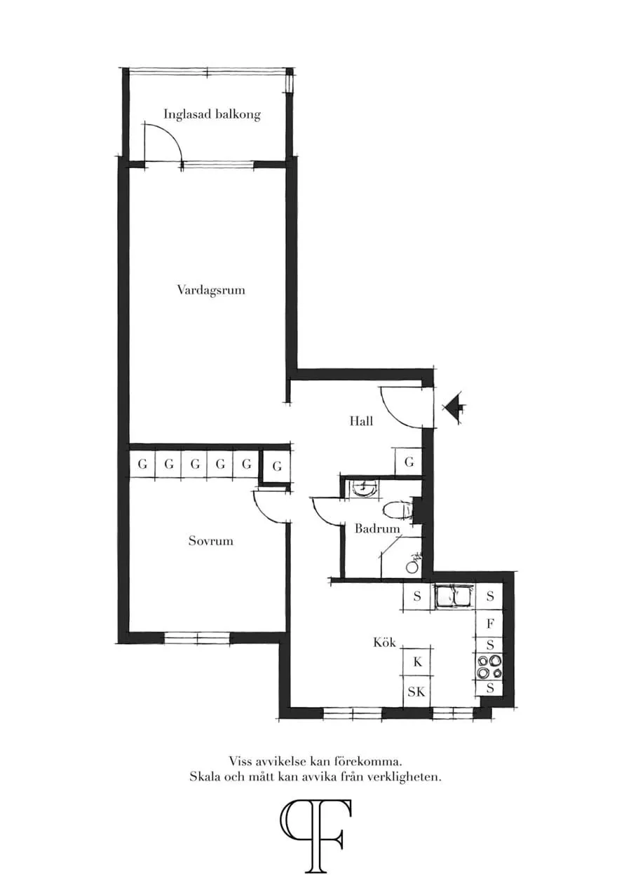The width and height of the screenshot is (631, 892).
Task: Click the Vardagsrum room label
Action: click(x=211, y=290)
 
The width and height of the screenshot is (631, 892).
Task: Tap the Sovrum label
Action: click(x=211, y=541)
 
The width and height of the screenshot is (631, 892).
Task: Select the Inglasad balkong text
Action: click(x=212, y=115)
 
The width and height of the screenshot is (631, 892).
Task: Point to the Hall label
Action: click(x=361, y=421)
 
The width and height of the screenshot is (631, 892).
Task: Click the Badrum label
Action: click(x=377, y=529)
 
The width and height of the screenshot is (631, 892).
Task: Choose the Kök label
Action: click(x=384, y=643)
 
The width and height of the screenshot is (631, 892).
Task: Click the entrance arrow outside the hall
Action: click(x=454, y=407)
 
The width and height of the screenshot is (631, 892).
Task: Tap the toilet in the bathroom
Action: click(x=399, y=511)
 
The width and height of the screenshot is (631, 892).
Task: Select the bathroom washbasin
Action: click(x=363, y=489)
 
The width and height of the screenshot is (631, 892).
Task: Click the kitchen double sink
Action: click(x=454, y=597)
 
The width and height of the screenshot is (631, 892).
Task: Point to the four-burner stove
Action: click(x=489, y=667)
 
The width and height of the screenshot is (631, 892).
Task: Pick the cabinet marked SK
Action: click(x=416, y=692)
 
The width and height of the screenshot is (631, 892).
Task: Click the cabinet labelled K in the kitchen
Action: click(x=417, y=661)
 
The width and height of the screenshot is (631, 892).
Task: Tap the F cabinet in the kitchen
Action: click(x=490, y=624)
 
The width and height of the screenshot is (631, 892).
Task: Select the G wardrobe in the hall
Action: click(x=409, y=462)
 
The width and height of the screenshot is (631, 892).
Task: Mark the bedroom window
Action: click(x=197, y=638)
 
